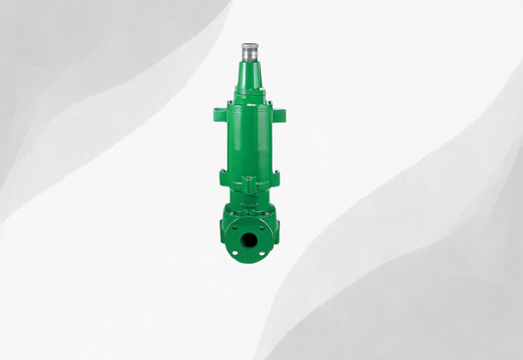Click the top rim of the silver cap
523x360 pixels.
click(248, 44)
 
